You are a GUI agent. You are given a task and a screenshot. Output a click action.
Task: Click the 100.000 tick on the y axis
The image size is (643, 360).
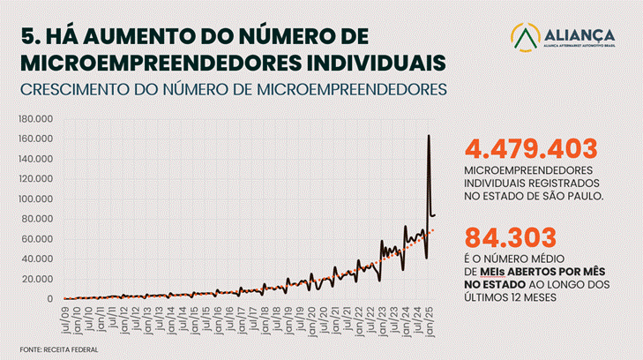click(x=37, y=199)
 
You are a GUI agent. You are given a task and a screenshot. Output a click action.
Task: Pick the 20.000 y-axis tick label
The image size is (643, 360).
click(x=40, y=279)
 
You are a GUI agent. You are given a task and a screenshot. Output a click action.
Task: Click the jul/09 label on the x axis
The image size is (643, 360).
click(x=66, y=317)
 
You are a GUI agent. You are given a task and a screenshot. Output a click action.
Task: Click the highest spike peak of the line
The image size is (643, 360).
click(x=429, y=135)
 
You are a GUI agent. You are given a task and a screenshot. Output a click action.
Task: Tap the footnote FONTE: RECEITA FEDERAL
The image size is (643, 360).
click(x=58, y=349)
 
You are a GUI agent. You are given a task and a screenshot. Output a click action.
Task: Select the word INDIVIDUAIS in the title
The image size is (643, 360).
click(x=363, y=62)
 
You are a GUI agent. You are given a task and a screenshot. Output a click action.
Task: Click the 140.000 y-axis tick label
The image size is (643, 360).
click(x=37, y=159)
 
